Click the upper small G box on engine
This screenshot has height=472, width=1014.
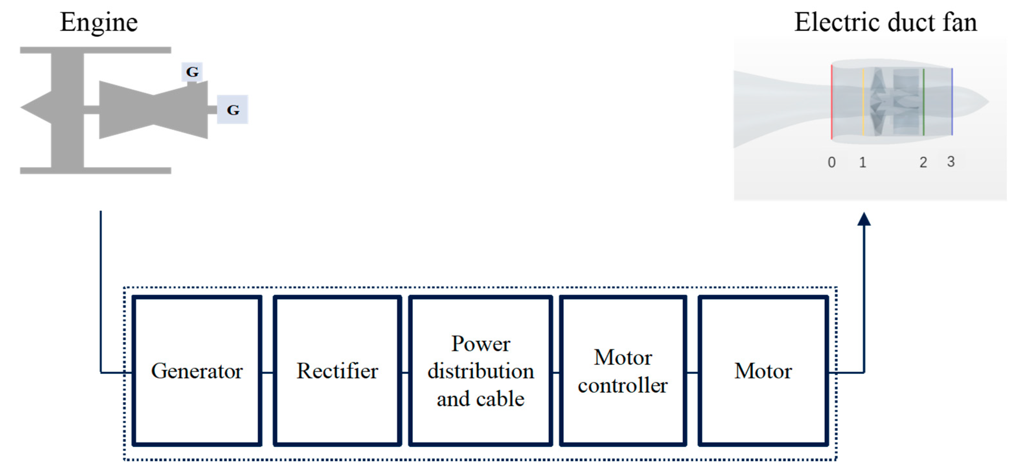tap(192, 71)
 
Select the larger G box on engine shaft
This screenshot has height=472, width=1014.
tap(233, 109)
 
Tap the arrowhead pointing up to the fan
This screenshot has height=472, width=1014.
tap(864, 219)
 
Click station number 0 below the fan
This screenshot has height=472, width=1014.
tap(831, 162)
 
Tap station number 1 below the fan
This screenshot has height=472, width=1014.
tap(862, 162)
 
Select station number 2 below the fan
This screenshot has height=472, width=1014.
tap(923, 162)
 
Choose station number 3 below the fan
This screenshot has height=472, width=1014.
tap(951, 161)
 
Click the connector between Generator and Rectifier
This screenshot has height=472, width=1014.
tap(267, 372)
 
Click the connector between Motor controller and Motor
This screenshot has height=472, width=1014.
tap(692, 372)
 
